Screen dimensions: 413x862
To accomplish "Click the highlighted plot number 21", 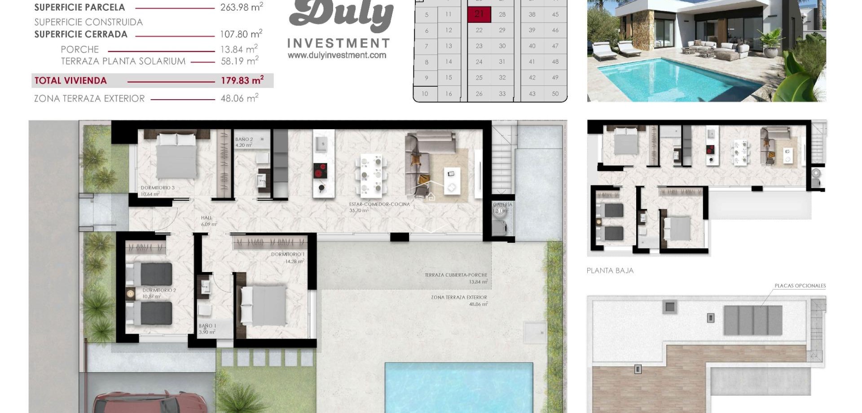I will pyautogui.click(x=479, y=14).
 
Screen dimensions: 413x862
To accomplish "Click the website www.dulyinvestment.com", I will pyautogui.click(x=337, y=55).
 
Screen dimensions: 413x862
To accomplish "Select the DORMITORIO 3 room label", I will pyautogui.click(x=157, y=188).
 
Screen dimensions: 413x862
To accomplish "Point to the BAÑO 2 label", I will pyautogui.click(x=244, y=140).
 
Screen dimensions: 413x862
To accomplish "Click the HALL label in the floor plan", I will pyautogui.click(x=207, y=218).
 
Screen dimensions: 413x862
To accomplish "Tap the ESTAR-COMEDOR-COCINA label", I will pyautogui.click(x=379, y=204).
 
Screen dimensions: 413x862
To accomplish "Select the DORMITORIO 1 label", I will pyautogui.click(x=287, y=255).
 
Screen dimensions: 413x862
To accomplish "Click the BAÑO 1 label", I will pyautogui.click(x=207, y=326).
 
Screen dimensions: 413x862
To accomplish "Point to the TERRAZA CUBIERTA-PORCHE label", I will pyautogui.click(x=456, y=275).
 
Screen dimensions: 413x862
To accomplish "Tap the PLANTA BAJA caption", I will pyautogui.click(x=610, y=271).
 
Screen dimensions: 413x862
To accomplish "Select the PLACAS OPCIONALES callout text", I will pyautogui.click(x=800, y=286).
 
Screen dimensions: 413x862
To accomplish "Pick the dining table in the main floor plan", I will pyautogui.click(x=371, y=175).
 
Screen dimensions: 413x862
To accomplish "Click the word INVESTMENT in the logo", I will pyautogui.click(x=338, y=44).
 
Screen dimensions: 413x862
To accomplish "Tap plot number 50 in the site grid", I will pyautogui.click(x=555, y=94).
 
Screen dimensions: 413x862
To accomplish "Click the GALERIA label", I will pyautogui.click(x=502, y=205).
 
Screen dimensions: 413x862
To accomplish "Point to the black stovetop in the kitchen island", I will pyautogui.click(x=320, y=171).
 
